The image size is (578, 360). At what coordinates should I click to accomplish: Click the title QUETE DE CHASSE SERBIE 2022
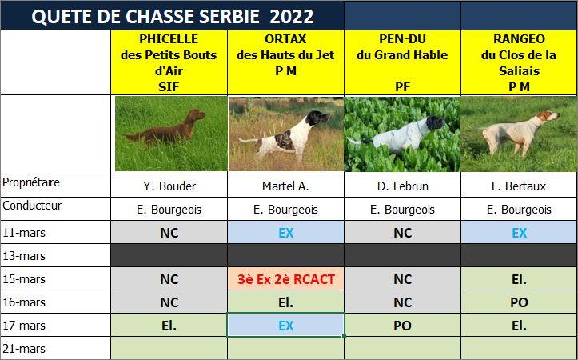click(x=173, y=16)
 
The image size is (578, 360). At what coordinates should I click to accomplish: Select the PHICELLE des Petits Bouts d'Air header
click(x=169, y=62)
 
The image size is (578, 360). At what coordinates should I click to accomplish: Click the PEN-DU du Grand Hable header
click(x=402, y=62)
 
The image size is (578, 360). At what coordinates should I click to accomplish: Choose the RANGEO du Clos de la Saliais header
click(x=519, y=62)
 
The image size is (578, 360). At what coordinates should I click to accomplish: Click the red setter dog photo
click(x=171, y=134)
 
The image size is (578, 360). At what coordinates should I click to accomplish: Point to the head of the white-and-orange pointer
click(x=548, y=116)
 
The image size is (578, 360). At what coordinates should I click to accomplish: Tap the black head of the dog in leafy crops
click(x=435, y=122)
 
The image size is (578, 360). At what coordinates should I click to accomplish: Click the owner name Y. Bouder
click(x=169, y=186)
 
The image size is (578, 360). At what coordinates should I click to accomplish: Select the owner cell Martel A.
click(x=285, y=186)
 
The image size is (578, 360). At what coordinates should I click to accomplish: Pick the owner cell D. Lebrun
click(x=402, y=186)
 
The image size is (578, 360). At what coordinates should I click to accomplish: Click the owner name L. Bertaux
click(x=519, y=186)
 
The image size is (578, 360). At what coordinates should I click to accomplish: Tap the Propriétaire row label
click(x=31, y=182)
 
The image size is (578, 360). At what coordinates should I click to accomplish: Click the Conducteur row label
click(x=32, y=206)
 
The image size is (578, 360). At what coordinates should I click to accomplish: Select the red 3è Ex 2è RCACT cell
click(x=285, y=278)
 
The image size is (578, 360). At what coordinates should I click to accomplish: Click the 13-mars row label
click(x=24, y=256)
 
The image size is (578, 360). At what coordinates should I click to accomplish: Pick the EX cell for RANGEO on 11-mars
click(x=519, y=232)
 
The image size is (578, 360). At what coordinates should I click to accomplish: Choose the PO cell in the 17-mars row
click(x=402, y=325)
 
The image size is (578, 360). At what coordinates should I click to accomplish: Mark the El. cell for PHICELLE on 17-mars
click(x=169, y=325)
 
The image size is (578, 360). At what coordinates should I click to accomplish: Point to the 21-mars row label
click(x=24, y=349)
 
